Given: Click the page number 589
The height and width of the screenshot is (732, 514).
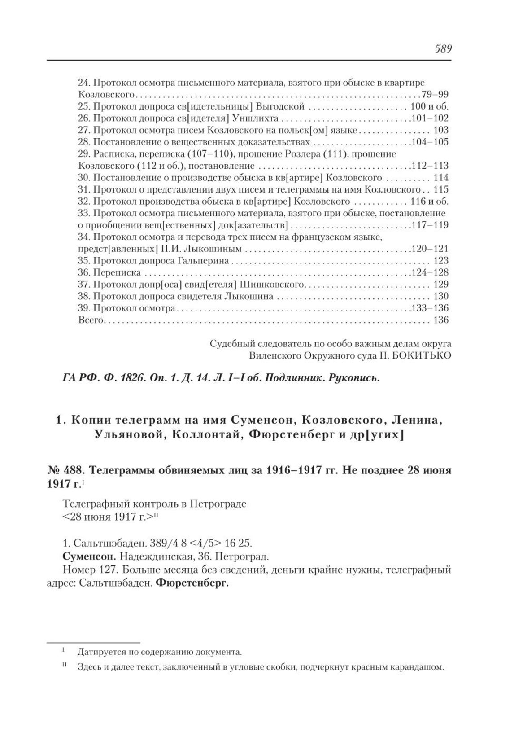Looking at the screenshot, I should point(442,49).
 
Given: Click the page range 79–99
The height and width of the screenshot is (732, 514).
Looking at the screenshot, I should point(435,95).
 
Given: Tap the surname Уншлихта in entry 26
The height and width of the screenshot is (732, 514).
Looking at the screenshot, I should point(256,118).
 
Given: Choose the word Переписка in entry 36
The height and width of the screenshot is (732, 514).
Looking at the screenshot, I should point(117,273).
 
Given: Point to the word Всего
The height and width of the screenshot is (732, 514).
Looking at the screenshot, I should point(91,320).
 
